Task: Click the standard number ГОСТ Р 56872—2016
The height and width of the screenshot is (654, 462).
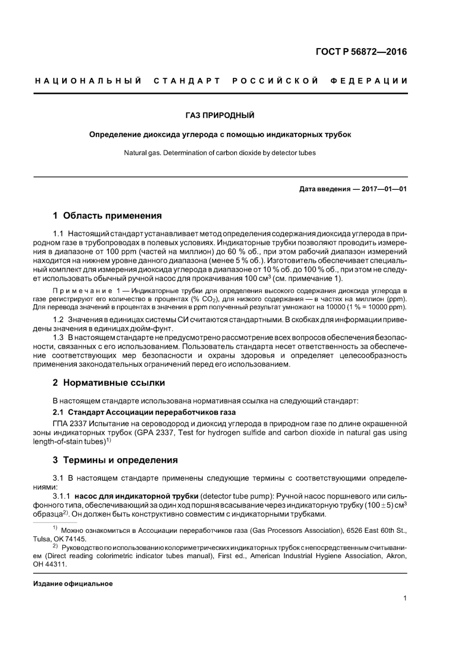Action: point(361,52)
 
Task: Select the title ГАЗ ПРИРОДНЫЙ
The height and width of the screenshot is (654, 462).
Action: point(220,115)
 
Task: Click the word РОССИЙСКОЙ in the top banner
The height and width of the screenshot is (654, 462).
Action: point(275,80)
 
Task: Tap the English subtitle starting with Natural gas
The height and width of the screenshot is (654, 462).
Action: point(220,153)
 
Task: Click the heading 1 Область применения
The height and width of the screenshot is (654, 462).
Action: point(107,216)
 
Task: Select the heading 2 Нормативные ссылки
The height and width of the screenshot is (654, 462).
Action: point(108,383)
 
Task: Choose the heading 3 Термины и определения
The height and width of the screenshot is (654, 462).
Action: point(115,460)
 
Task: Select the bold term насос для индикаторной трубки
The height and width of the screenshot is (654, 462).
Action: point(136,496)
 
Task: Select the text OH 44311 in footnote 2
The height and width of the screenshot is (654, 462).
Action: point(50,564)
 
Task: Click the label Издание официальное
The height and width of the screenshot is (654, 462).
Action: point(73,583)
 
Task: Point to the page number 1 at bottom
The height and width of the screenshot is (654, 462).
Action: point(405,599)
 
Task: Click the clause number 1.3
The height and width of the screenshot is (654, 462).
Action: point(58,338)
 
